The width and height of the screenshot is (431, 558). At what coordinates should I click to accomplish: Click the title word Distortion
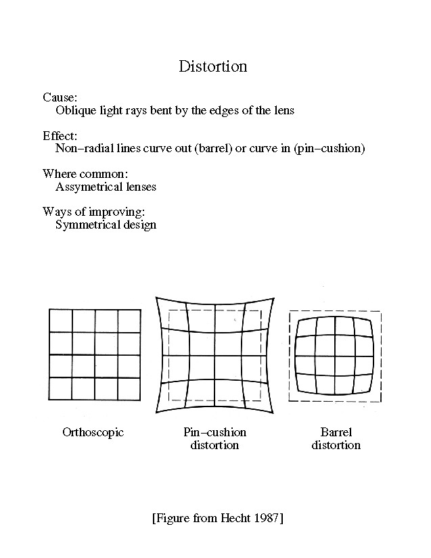point(212,66)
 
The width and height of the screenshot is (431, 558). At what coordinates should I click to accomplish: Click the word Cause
point(60,98)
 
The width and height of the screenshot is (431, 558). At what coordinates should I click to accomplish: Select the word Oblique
point(75,110)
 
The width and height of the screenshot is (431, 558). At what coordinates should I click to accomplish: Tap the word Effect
point(60,136)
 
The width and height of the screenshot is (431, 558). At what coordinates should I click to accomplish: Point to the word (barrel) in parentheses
point(212,148)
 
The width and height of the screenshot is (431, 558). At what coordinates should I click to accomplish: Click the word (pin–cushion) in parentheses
point(330,148)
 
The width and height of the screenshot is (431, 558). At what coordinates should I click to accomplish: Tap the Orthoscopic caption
point(93,432)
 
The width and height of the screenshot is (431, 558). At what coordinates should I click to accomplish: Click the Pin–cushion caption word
point(214,432)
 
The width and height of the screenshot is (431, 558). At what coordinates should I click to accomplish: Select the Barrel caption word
point(336,432)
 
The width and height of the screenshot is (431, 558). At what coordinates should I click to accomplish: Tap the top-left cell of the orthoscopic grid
point(61,321)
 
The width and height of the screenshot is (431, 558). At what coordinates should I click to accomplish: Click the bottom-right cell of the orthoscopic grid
point(129,388)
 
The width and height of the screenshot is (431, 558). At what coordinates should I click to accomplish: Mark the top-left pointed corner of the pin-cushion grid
point(156,297)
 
